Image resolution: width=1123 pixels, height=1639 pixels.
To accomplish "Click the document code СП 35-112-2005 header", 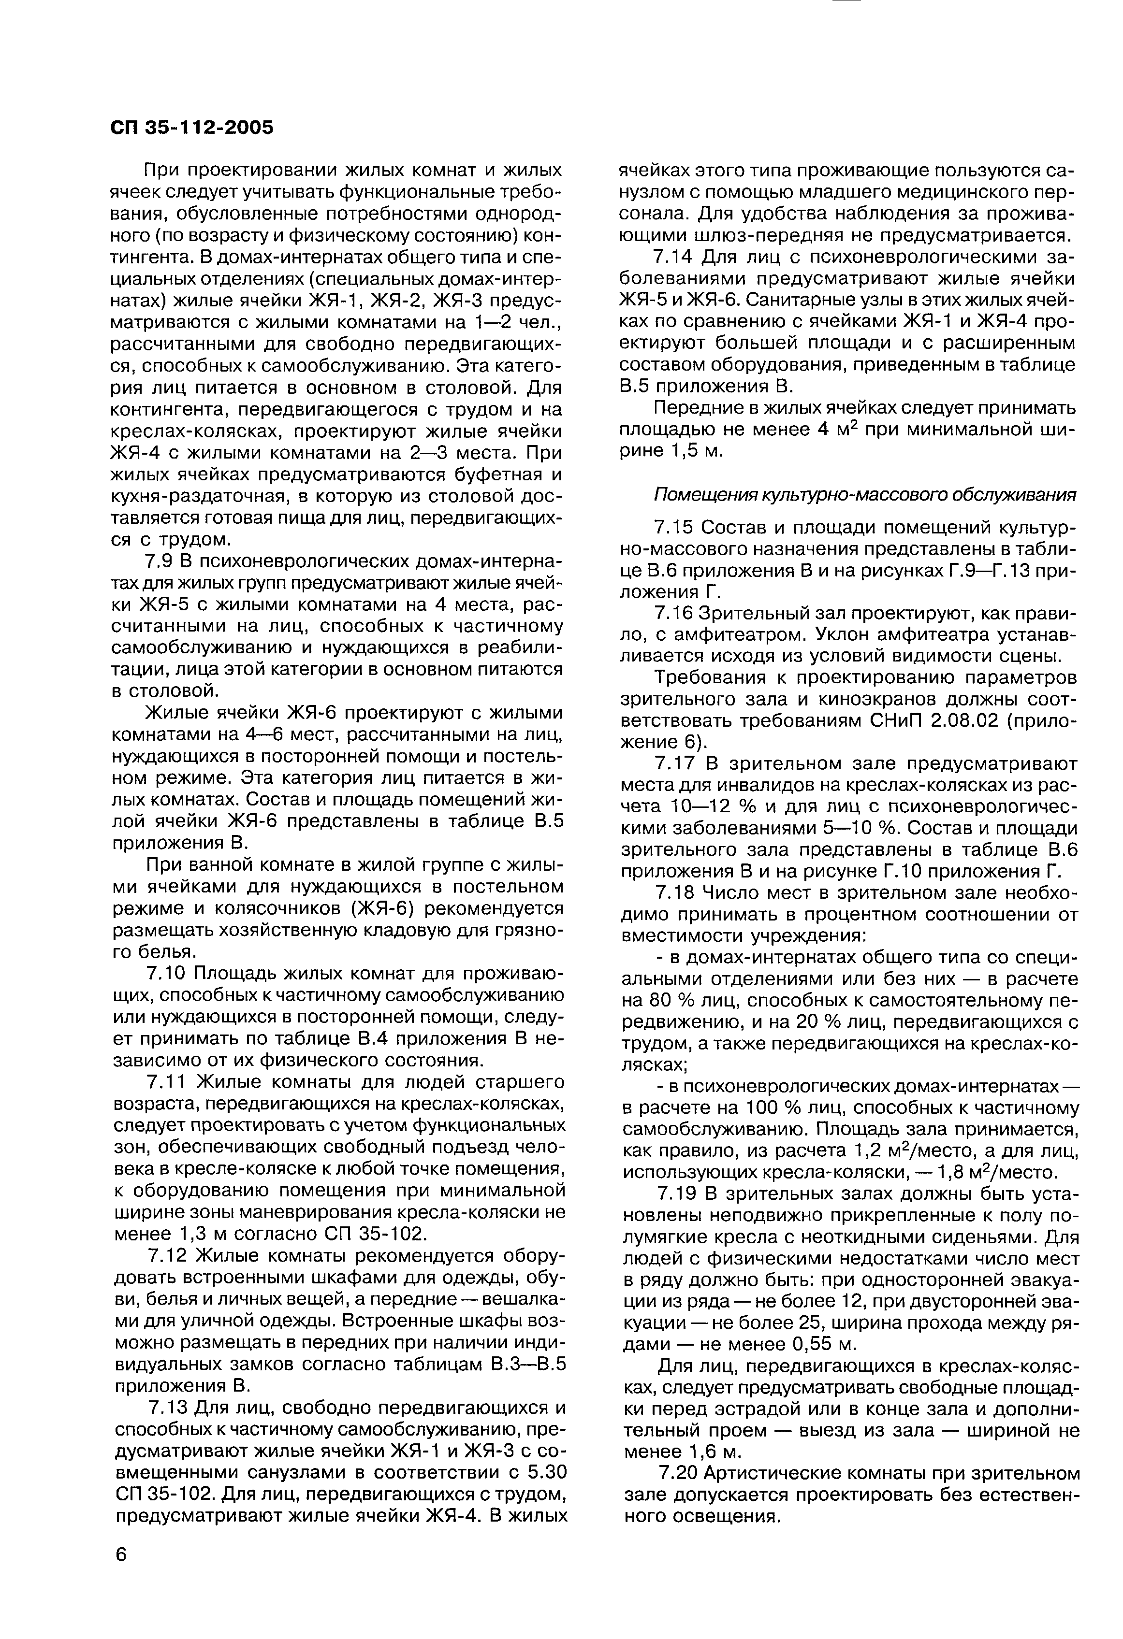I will [192, 128].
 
